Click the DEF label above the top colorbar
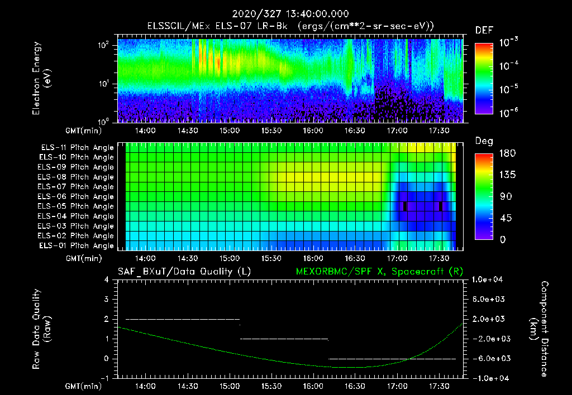484,30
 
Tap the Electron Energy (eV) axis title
42,78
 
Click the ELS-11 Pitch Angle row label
77,148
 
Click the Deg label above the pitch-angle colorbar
484,141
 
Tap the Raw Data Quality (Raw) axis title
42,329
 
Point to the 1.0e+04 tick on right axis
489,280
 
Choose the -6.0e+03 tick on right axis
489,358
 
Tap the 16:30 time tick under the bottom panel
355,386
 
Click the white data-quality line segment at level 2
183,319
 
